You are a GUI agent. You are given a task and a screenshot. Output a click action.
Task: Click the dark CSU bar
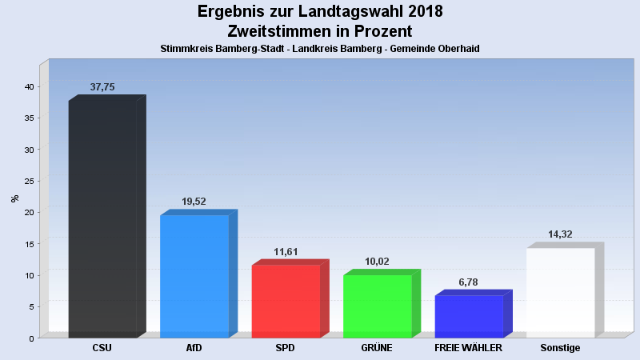pyautogui.click(x=102, y=218)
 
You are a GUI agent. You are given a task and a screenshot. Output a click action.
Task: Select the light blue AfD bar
pyautogui.click(x=194, y=276)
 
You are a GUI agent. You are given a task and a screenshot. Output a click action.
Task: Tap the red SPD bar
pyautogui.click(x=286, y=301)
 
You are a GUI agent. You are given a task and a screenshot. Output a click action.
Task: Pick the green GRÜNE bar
pyautogui.click(x=377, y=306)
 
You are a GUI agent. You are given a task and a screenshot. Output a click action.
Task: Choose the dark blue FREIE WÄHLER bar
pyautogui.click(x=469, y=316)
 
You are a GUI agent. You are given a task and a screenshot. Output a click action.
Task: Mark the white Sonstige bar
pyautogui.click(x=560, y=292)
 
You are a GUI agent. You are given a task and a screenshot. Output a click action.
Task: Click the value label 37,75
pyautogui.click(x=103, y=86)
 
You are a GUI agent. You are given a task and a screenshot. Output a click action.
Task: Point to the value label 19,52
pyautogui.click(x=194, y=202)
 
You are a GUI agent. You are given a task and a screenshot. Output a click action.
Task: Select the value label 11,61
pyautogui.click(x=286, y=251)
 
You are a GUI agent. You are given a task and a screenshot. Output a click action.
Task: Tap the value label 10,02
pyautogui.click(x=378, y=261)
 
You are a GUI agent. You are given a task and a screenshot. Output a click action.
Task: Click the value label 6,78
pyautogui.click(x=469, y=282)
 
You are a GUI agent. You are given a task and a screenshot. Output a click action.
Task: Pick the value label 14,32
pyautogui.click(x=561, y=234)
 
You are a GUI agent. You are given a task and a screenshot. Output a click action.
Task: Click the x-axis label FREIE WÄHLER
pyautogui.click(x=469, y=349)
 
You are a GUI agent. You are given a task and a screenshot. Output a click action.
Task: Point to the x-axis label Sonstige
pyautogui.click(x=560, y=349)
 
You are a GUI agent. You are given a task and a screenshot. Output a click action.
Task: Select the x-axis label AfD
pyautogui.click(x=194, y=349)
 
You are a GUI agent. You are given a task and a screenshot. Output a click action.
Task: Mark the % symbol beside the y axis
pyautogui.click(x=14, y=198)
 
